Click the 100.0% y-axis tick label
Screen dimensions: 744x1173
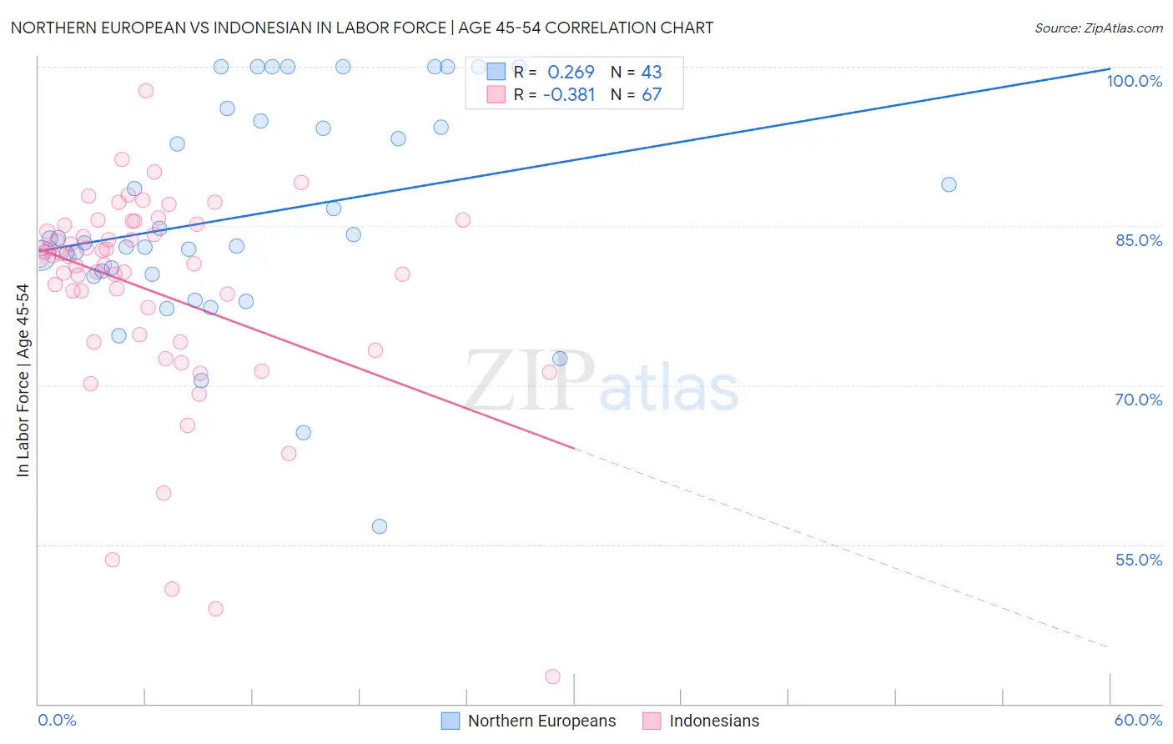click(1134, 81)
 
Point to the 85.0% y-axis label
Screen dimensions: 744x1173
click(1139, 240)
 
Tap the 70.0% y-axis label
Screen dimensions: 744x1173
click(1139, 400)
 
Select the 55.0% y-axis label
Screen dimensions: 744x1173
click(1139, 560)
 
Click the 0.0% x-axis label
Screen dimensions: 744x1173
click(57, 720)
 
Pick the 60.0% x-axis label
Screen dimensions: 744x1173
click(1138, 720)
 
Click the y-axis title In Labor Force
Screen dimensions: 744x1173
click(23, 380)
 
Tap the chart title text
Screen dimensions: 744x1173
click(361, 28)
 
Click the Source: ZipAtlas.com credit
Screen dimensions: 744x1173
click(1098, 28)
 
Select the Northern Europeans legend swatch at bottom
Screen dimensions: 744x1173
click(451, 721)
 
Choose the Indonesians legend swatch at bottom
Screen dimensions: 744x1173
click(652, 721)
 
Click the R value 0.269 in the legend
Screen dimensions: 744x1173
click(571, 72)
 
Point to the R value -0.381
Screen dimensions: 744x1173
click(569, 95)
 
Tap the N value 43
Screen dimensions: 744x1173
click(651, 72)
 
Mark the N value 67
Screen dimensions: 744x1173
click(651, 95)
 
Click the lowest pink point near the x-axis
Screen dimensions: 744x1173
click(552, 676)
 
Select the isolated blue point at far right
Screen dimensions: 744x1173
click(949, 184)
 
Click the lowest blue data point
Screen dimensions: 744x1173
click(380, 526)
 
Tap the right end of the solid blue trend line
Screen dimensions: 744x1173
click(1110, 68)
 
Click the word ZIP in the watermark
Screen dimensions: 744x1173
click(530, 380)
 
